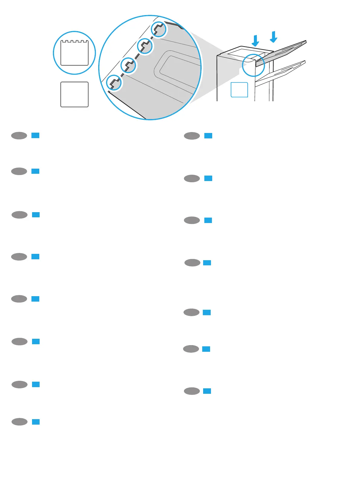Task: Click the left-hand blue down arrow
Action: coord(255,41)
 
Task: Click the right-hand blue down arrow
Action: coord(274,37)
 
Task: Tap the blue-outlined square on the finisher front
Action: coord(239,90)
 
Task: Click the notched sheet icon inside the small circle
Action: coord(74,53)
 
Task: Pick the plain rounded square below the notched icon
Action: coord(74,94)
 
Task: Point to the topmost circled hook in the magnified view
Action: coord(159,29)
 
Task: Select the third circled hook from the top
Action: coord(128,65)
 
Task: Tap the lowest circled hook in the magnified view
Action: coord(114,83)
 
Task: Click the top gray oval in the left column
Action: coord(19,136)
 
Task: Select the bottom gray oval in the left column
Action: coord(19,422)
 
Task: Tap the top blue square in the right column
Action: coord(208,136)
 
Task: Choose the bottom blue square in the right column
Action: coord(207,391)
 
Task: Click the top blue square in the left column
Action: coord(35,136)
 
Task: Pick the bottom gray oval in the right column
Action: coord(192,391)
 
